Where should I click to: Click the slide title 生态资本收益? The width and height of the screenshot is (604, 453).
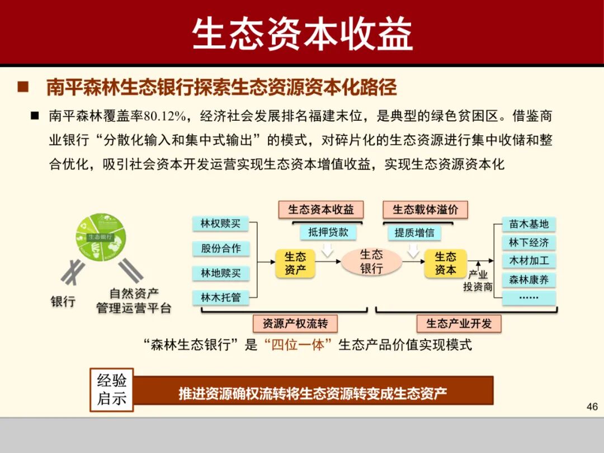(x=302, y=34)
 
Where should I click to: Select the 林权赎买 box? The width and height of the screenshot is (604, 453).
(x=220, y=223)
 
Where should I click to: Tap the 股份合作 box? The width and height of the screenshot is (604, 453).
(x=220, y=248)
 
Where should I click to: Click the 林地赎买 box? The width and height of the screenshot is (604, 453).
(x=220, y=273)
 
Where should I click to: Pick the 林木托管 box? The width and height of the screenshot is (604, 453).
(x=220, y=298)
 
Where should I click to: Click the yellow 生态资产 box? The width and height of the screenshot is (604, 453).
(x=295, y=263)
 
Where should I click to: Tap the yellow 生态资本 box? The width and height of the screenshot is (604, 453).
(x=445, y=263)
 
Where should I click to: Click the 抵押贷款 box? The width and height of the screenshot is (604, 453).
(x=328, y=232)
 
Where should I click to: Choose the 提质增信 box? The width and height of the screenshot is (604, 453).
(x=414, y=232)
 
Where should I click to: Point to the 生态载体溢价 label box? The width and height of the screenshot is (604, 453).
(x=425, y=210)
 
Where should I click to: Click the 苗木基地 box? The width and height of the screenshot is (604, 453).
(x=528, y=224)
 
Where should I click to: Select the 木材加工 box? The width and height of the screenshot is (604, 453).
(x=528, y=261)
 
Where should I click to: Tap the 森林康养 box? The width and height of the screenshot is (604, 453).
(x=528, y=279)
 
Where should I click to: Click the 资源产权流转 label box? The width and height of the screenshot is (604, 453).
(x=295, y=323)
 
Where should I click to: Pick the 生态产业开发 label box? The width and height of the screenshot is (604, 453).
(x=459, y=323)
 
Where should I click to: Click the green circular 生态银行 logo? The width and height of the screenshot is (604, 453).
(x=101, y=237)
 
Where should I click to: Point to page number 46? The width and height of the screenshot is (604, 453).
(x=592, y=407)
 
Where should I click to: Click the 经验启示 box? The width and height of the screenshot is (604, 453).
(x=112, y=390)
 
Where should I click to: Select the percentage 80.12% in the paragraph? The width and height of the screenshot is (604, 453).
(x=164, y=116)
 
